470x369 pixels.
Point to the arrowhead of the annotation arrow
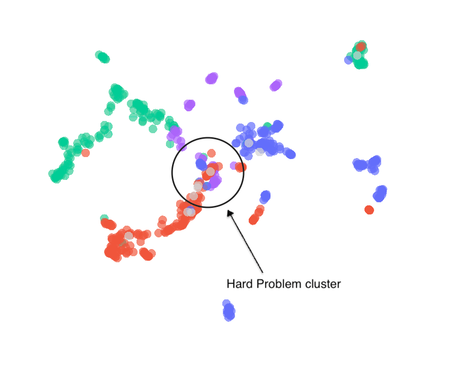pyautogui.click(x=229, y=212)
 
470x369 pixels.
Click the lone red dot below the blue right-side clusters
pyautogui.click(x=369, y=209)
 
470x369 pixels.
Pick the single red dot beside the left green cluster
pyautogui.click(x=85, y=152)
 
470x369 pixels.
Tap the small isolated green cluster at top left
pyautogui.click(x=103, y=57)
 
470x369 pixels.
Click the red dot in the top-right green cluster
pyautogui.click(x=361, y=47)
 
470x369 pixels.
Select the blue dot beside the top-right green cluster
pyautogui.click(x=348, y=60)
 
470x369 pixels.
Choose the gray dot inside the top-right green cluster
pyautogui.click(x=357, y=55)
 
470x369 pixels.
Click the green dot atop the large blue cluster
pyautogui.click(x=267, y=126)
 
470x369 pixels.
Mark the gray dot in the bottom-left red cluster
pyautogui.click(x=129, y=235)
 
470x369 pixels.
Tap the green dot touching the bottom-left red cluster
pyautogui.click(x=104, y=218)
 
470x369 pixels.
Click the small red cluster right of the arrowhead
pyautogui.click(x=256, y=216)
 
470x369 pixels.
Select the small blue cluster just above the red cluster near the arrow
pyautogui.click(x=265, y=196)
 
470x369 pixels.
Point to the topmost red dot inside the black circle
pyautogui.click(x=211, y=152)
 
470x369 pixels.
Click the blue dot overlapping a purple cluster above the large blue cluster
pyautogui.click(x=243, y=100)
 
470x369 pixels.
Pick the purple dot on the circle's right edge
pyautogui.click(x=234, y=165)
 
